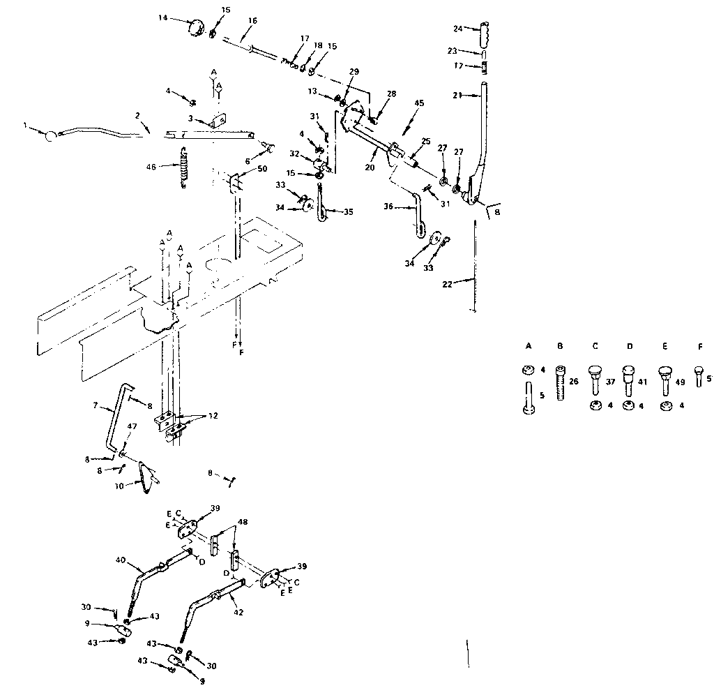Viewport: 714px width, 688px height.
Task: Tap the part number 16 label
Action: click(252, 21)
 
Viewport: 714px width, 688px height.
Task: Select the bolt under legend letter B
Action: click(561, 382)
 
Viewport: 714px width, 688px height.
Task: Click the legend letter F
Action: click(699, 345)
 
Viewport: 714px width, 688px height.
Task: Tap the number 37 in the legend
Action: click(611, 382)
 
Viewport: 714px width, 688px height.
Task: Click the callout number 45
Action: click(418, 103)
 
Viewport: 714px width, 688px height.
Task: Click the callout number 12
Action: click(212, 416)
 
